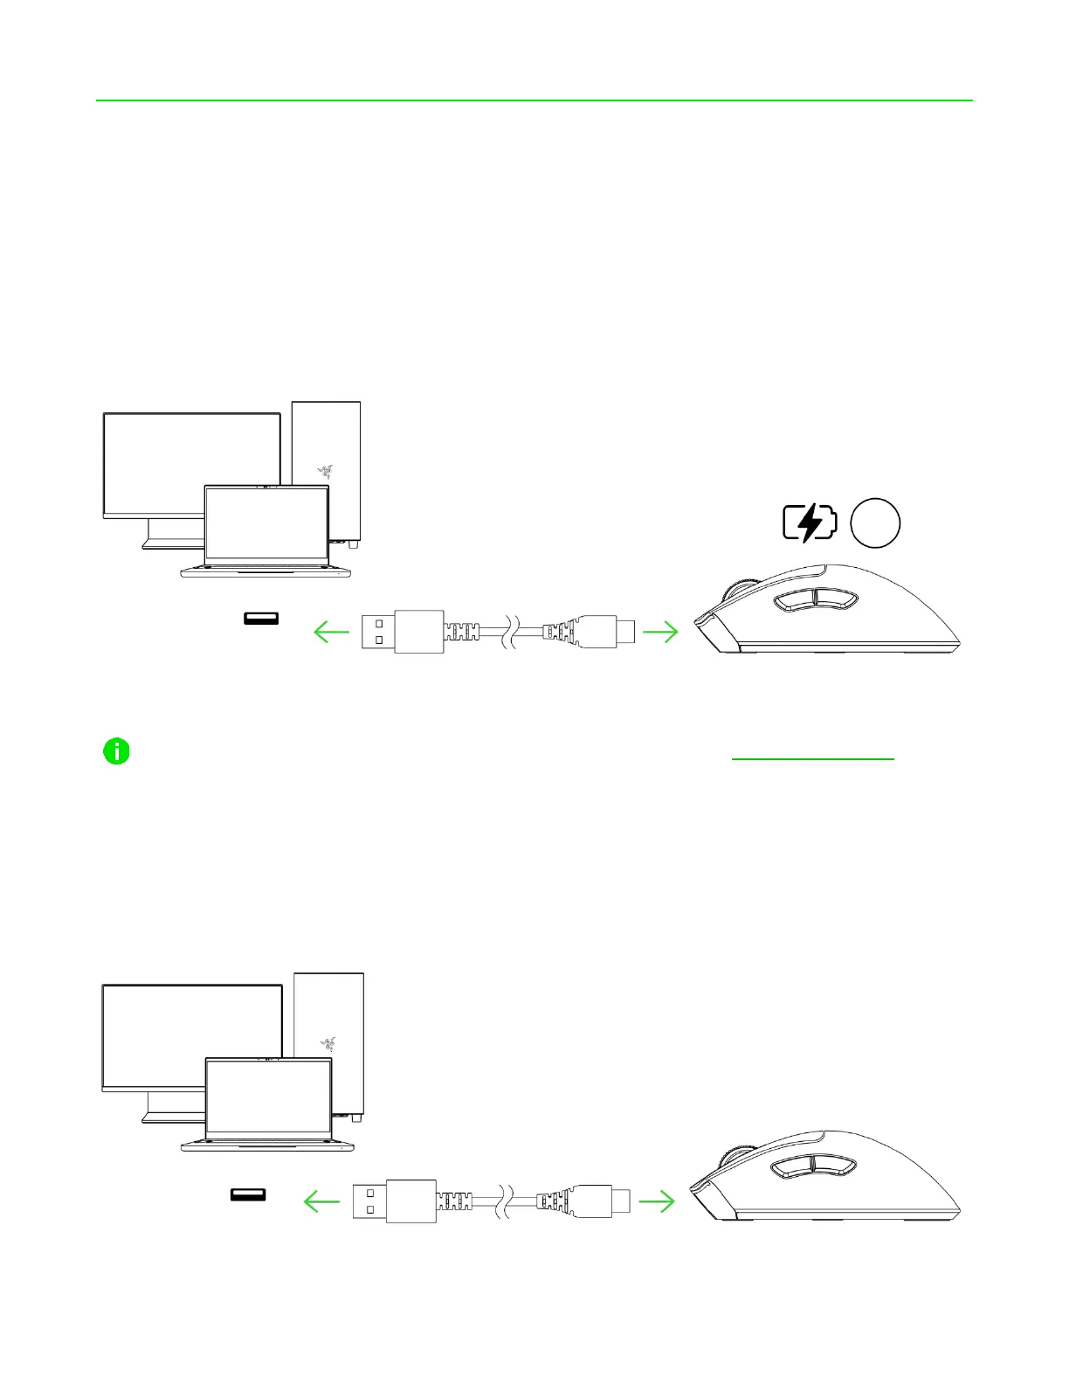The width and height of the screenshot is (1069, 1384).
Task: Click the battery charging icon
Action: pyautogui.click(x=810, y=522)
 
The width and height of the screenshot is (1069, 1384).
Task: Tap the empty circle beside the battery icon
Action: pyautogui.click(x=875, y=522)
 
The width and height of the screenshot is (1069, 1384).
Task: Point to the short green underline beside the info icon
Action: pyautogui.click(x=812, y=759)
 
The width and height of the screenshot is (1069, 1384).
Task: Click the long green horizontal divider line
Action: pyautogui.click(x=534, y=100)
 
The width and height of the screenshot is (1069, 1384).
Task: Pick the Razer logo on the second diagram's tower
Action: pyautogui.click(x=328, y=1042)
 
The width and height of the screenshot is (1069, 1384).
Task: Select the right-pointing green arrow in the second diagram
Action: pyautogui.click(x=657, y=1201)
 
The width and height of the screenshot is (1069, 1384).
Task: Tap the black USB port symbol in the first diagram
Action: pyautogui.click(x=261, y=619)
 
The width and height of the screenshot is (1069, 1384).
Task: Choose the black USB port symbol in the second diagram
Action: pyautogui.click(x=248, y=1194)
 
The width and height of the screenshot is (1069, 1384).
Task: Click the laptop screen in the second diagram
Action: pyautogui.click(x=268, y=1097)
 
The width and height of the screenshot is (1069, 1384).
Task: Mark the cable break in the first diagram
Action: pyautogui.click(x=508, y=631)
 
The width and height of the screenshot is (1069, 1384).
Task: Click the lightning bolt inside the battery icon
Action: pyautogui.click(x=810, y=522)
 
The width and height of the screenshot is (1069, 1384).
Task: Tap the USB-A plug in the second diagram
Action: pyautogui.click(x=393, y=1201)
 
